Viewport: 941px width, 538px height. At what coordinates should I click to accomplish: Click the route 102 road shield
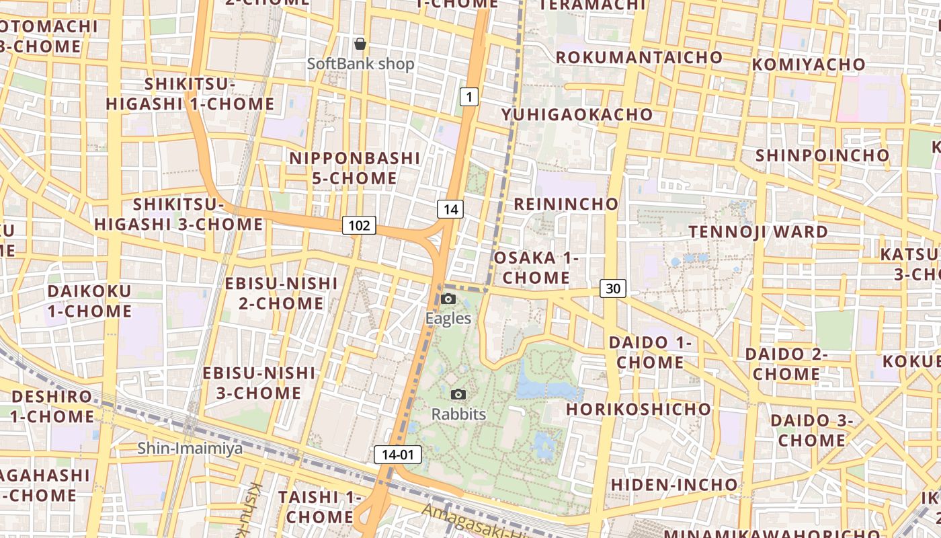(x=359, y=225)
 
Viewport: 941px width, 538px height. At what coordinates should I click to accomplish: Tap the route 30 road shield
(x=612, y=289)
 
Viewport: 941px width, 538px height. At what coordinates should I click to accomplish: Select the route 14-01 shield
(x=397, y=455)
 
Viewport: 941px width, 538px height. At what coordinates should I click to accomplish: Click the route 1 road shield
(x=469, y=97)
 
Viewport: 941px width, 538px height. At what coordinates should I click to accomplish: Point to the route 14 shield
(x=450, y=209)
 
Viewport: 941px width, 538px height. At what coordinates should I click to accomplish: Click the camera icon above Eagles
(x=448, y=299)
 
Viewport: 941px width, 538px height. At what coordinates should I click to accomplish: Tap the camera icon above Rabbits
(x=458, y=394)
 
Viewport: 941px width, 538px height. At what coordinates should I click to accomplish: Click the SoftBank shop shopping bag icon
(x=360, y=44)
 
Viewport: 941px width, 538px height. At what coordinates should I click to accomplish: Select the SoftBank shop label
(x=360, y=64)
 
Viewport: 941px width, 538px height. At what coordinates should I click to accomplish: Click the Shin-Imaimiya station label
(x=190, y=448)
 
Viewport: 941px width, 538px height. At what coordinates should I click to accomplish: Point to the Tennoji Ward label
(x=758, y=232)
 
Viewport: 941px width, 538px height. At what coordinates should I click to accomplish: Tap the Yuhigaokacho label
(x=577, y=114)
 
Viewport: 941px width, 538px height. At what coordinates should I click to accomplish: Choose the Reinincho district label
(x=566, y=204)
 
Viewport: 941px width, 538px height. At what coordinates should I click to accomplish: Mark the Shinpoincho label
(x=822, y=155)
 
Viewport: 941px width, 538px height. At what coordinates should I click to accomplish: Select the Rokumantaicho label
(x=639, y=57)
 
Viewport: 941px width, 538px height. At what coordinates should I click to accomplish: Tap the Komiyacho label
(x=809, y=65)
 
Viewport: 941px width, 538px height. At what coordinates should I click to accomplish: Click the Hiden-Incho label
(x=673, y=484)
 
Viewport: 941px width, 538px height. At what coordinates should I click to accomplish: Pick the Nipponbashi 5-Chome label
(x=354, y=168)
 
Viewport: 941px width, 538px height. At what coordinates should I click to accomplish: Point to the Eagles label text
(x=448, y=318)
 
